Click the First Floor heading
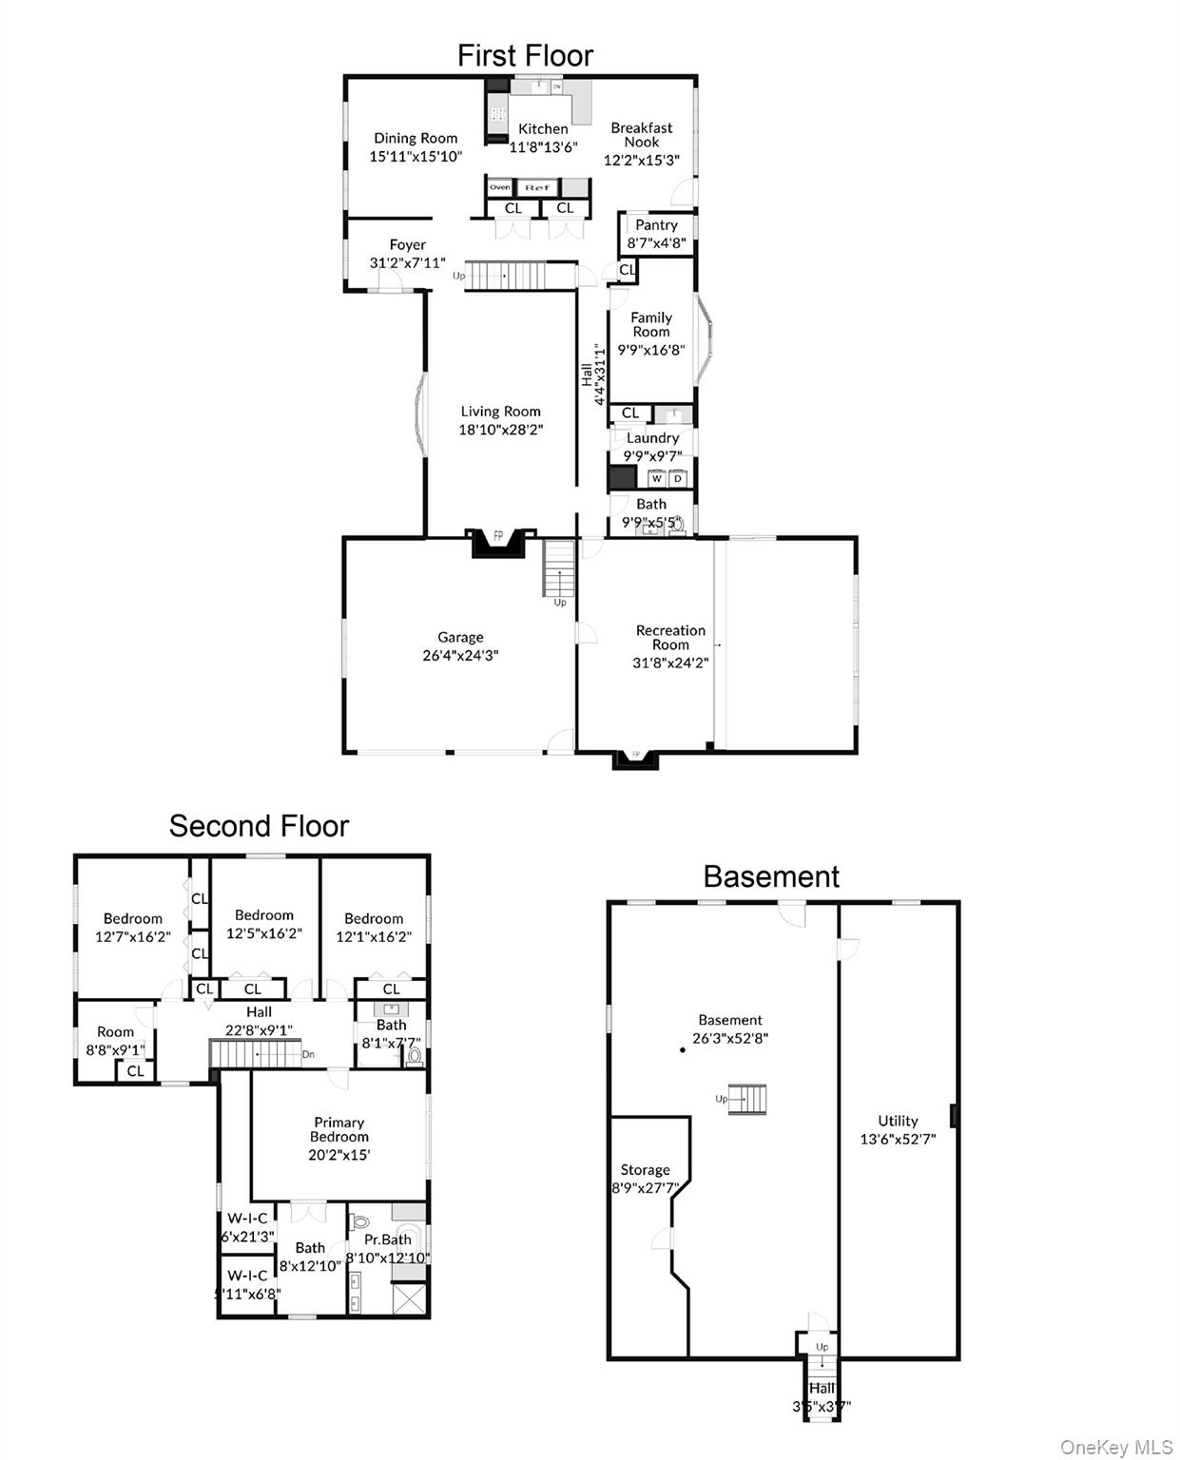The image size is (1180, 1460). pos(525,56)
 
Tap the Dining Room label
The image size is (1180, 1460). pos(416,139)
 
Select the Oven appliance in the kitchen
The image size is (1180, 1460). pos(500,187)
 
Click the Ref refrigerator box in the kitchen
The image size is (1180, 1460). pos(537,187)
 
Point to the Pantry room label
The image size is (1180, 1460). pos(656,225)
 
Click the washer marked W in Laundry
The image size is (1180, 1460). pos(656,478)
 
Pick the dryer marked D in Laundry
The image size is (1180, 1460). pos(678,478)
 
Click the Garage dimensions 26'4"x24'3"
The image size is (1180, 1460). pos(460,655)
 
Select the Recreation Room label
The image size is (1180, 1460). pos(670,637)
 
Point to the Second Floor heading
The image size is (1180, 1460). pos(259,826)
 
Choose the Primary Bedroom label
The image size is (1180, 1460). pos(339,1129)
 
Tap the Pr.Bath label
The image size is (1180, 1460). pos(388,1239)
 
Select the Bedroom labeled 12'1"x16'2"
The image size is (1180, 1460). pos(374,927)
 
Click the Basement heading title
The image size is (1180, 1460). pos(771,876)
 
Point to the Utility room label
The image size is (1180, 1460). pos(898,1121)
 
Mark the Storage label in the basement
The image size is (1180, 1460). pos(646,1170)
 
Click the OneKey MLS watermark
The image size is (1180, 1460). pos(1116,1447)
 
